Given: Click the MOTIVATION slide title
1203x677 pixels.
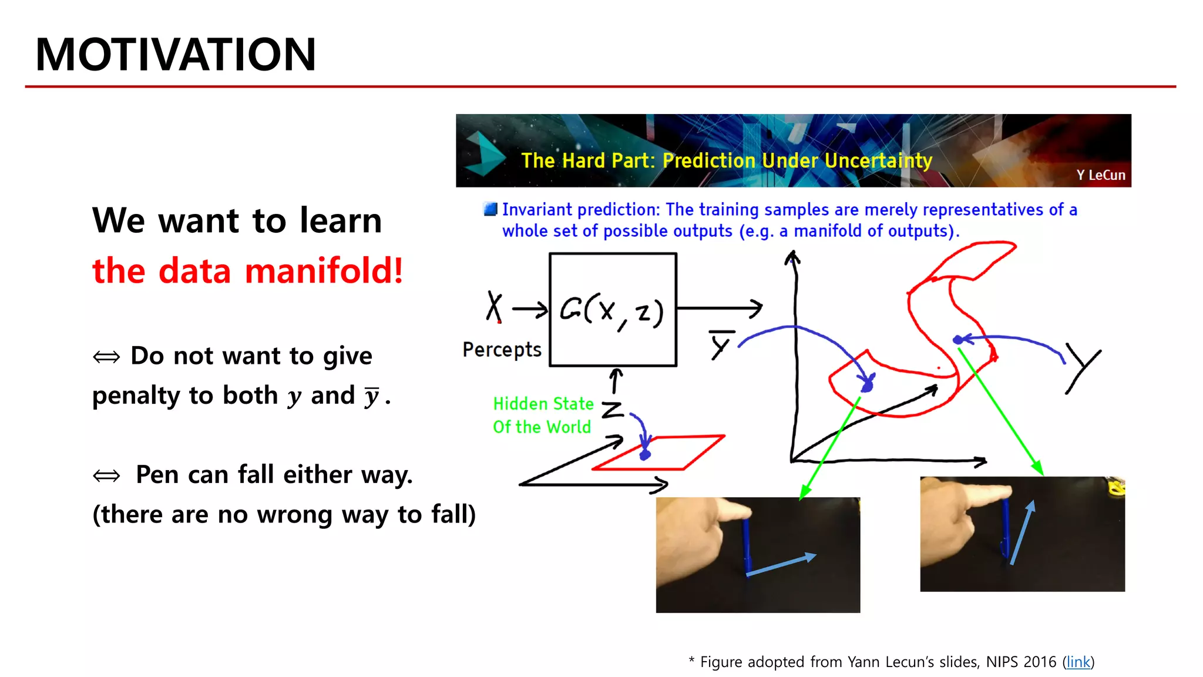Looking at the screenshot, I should (175, 55).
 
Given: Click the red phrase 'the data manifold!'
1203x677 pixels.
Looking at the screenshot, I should (247, 271).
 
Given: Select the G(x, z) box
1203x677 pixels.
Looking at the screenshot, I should (613, 309).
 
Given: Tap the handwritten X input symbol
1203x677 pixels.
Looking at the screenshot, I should (494, 306).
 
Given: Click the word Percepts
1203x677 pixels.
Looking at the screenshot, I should (502, 350).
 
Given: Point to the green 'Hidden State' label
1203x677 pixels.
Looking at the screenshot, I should (543, 404).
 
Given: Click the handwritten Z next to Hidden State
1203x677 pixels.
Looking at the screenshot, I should (613, 409).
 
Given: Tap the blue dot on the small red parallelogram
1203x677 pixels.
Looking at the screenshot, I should (645, 455).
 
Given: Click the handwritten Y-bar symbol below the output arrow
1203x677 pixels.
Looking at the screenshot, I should (721, 344).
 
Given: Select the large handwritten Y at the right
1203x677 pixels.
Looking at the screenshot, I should (1083, 367).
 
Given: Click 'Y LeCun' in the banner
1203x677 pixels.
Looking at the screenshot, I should (1100, 175).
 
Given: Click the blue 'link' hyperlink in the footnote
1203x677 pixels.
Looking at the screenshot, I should (1078, 662).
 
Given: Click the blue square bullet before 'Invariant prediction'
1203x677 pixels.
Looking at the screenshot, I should (490, 209).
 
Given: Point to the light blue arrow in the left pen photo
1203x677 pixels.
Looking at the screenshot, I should (781, 565).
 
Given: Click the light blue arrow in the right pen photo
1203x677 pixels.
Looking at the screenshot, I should (1022, 532).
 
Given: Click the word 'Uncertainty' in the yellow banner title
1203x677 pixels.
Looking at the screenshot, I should (878, 160).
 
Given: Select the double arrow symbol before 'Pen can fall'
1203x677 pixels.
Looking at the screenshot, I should (106, 475).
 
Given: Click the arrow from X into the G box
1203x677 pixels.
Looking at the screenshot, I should (529, 309).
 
